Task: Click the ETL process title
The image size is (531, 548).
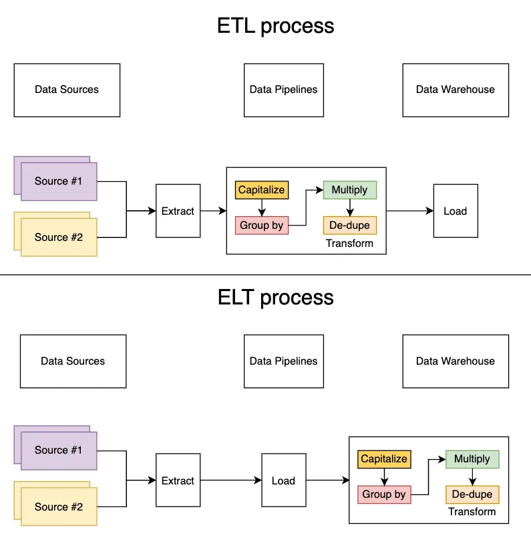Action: [x=275, y=26]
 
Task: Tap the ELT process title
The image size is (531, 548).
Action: [x=275, y=297]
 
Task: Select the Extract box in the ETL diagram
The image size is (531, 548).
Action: [x=178, y=211]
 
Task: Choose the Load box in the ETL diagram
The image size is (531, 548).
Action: [x=456, y=211]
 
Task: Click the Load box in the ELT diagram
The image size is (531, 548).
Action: [x=284, y=480]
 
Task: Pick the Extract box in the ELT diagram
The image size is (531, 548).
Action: [x=178, y=480]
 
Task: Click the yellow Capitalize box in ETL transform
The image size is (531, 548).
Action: [x=262, y=190]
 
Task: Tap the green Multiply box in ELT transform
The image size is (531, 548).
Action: [x=472, y=459]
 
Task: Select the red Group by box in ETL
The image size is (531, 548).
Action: [x=262, y=225]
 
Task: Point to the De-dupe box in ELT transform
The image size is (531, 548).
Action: [x=472, y=494]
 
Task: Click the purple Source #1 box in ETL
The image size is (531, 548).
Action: [x=59, y=181]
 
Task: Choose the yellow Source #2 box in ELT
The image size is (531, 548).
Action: [x=59, y=507]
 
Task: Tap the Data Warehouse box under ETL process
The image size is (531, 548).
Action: [x=456, y=90]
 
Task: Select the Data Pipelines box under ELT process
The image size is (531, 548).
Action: [x=284, y=361]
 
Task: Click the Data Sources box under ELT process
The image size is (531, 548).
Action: [x=73, y=361]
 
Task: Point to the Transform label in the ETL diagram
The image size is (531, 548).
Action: [x=349, y=244]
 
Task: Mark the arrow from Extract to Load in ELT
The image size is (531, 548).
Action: [x=231, y=480]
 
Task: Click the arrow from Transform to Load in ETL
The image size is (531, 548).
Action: [x=410, y=211]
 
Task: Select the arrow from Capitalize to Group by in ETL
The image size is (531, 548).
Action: [x=262, y=207]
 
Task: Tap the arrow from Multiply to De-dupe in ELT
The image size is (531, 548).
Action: [x=473, y=477]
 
